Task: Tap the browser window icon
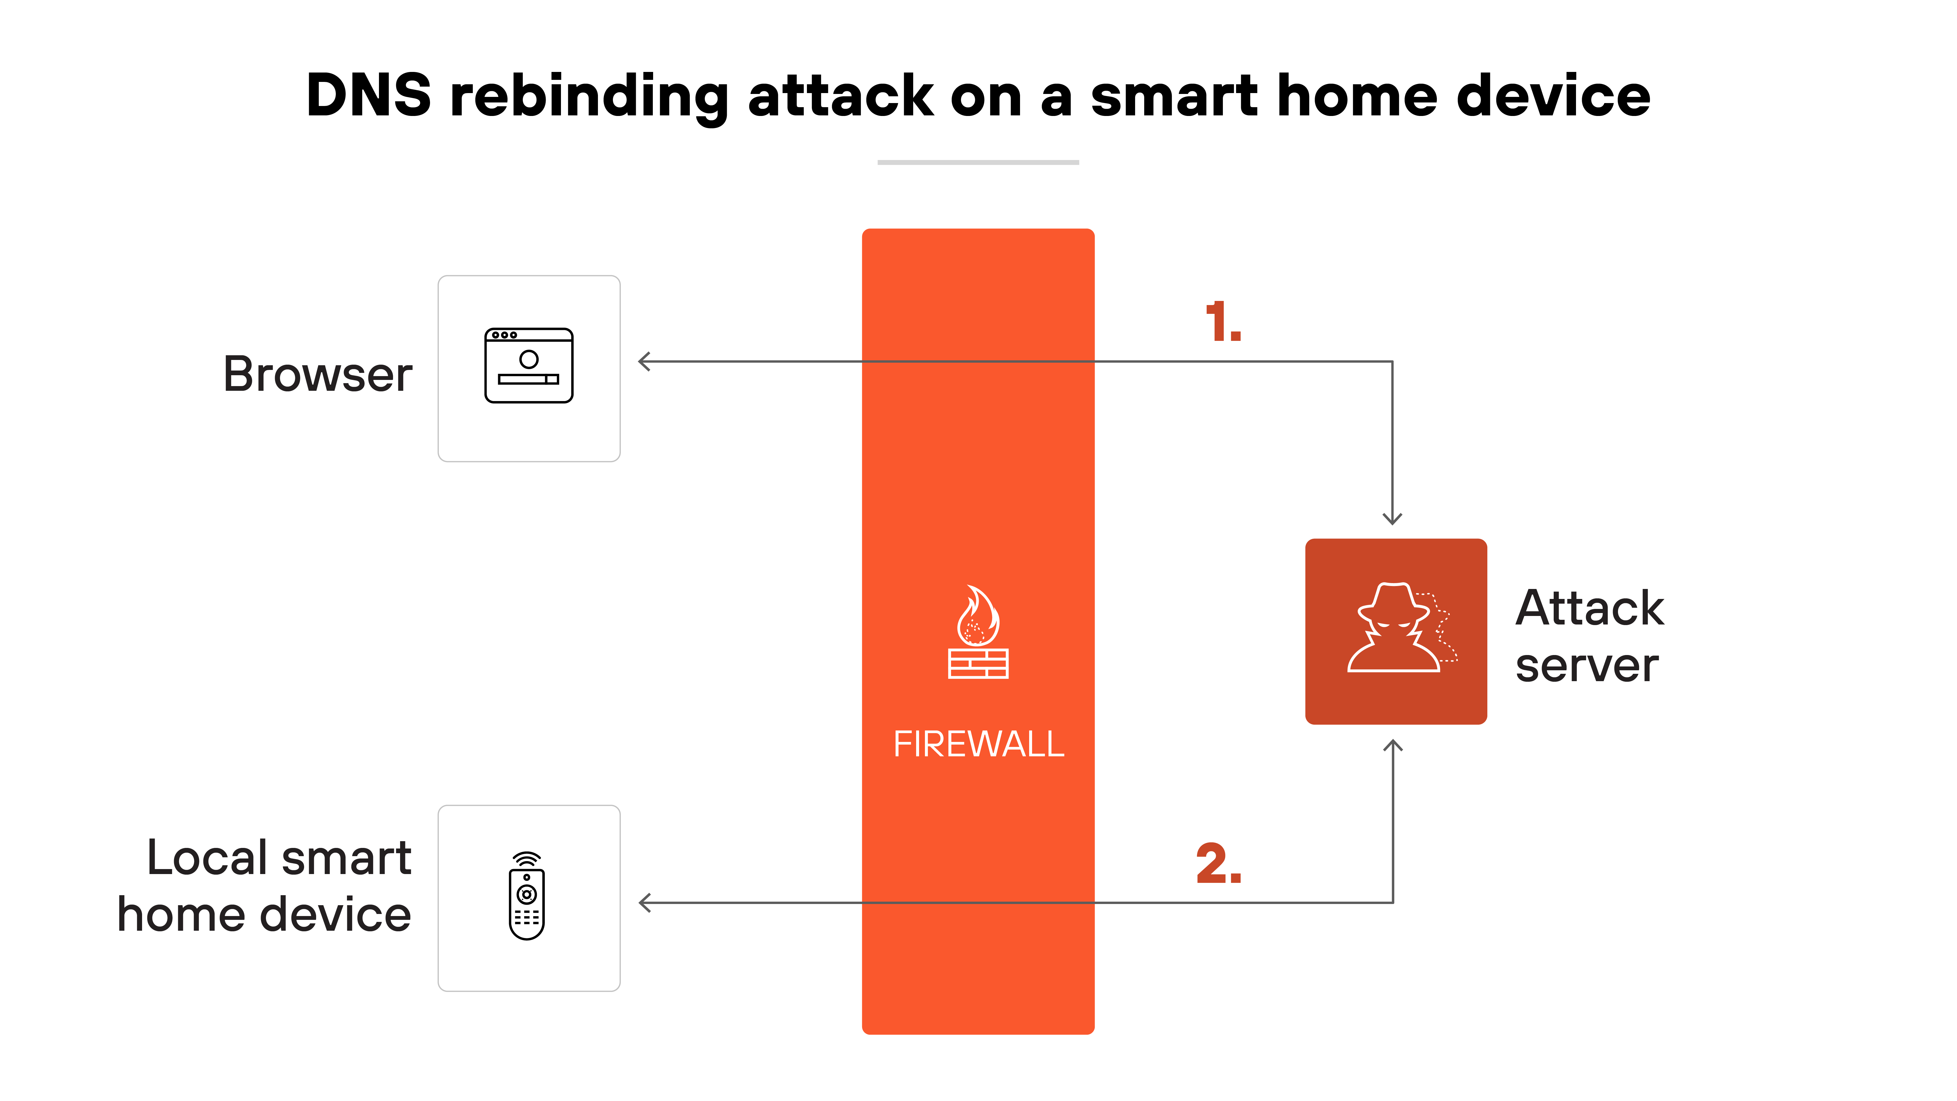[529, 366]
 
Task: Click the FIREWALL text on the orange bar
[979, 744]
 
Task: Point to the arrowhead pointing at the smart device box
[645, 903]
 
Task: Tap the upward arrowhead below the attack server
[1393, 746]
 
